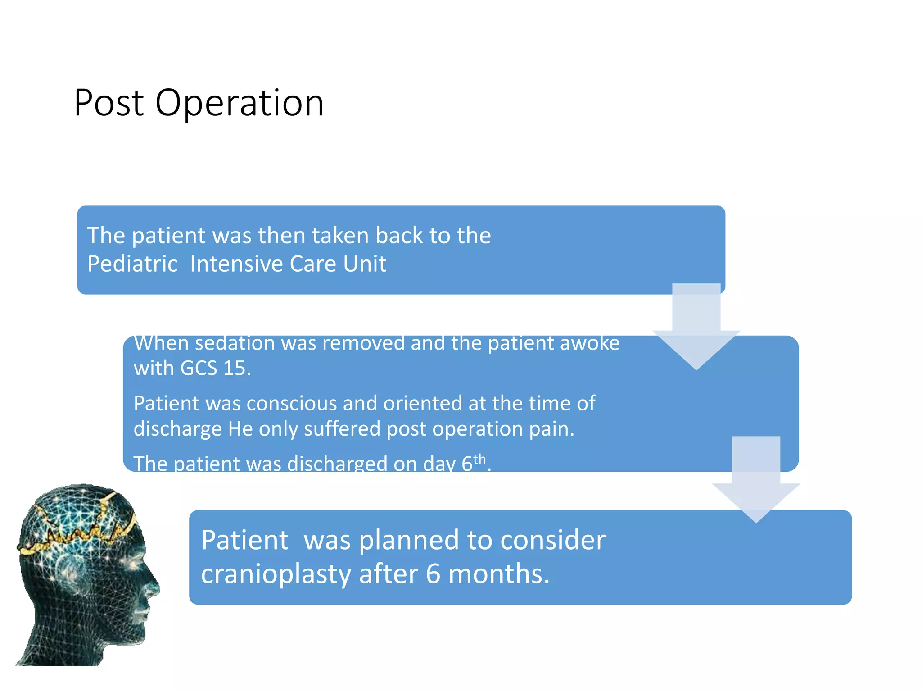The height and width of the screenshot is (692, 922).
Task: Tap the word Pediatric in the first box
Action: pyautogui.click(x=133, y=264)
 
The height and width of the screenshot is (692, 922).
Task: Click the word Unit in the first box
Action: pyautogui.click(x=365, y=264)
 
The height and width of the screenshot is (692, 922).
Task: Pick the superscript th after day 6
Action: pyautogui.click(x=479, y=459)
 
